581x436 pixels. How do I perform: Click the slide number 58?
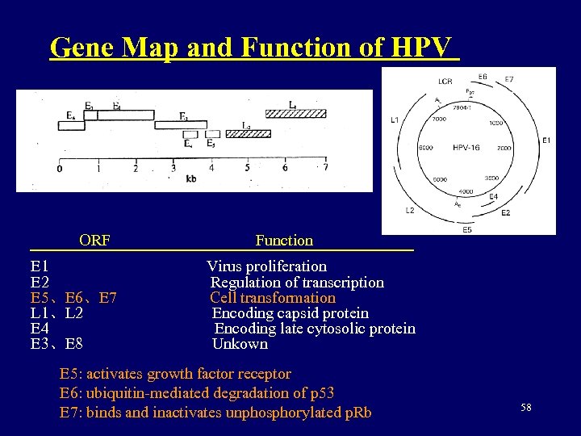tap(526, 409)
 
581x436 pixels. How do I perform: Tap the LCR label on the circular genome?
tap(445, 82)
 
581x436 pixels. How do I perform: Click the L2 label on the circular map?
tap(409, 210)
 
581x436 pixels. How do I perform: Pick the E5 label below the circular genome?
tap(467, 229)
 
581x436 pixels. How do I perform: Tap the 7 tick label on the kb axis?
tap(325, 168)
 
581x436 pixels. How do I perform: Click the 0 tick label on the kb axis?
tap(59, 169)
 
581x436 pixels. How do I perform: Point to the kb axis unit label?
tap(191, 178)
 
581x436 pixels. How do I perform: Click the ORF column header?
tap(94, 240)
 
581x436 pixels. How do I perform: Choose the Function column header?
tap(284, 240)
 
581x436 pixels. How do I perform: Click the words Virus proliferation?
tap(267, 266)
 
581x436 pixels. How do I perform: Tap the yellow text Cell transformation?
tap(273, 297)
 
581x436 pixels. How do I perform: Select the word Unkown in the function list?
tap(240, 344)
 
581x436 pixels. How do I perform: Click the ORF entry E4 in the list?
tap(40, 329)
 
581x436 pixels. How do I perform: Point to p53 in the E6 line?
tap(322, 393)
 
